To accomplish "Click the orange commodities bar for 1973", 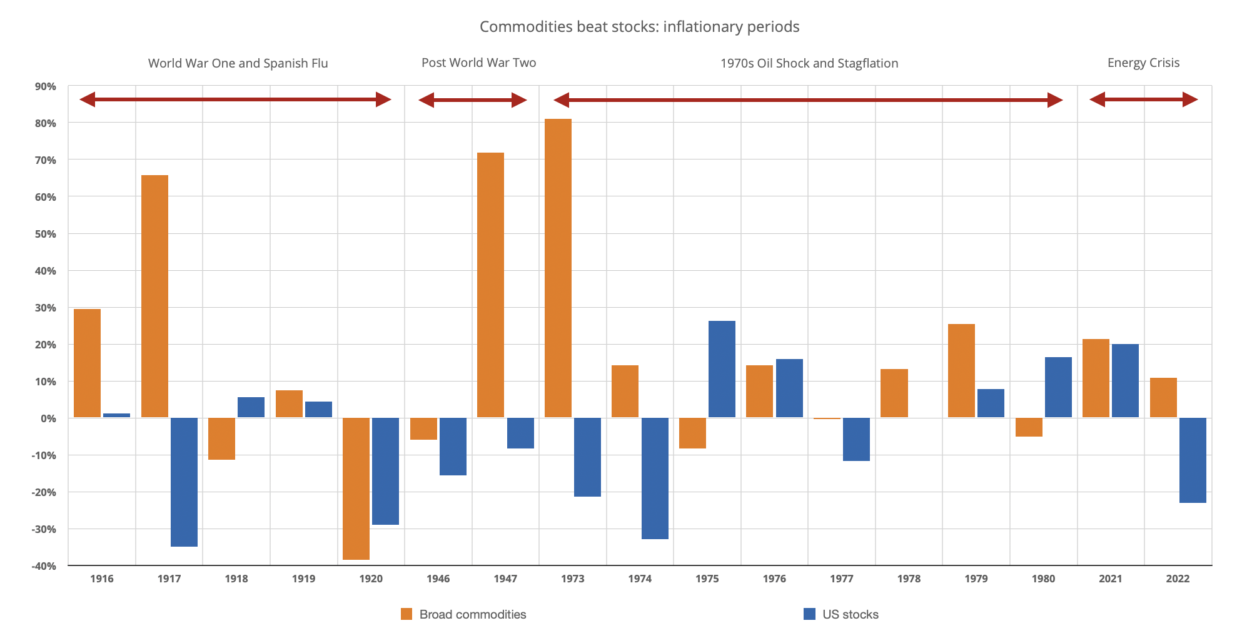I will (x=558, y=268).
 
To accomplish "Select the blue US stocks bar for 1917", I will (x=184, y=482).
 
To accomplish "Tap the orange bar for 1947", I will (x=490, y=285).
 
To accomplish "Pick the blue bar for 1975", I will (x=722, y=369).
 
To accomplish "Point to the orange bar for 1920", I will (x=356, y=489).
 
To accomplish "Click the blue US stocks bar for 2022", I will (x=1193, y=460).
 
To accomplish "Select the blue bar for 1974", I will (x=655, y=478).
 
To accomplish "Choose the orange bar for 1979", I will (x=961, y=371).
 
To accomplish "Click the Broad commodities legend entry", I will (x=463, y=614).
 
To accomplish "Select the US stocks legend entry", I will (x=841, y=614).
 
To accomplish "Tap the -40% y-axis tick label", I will (x=44, y=566).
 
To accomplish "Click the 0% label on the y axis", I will (x=48, y=418).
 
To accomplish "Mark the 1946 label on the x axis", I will (x=438, y=579).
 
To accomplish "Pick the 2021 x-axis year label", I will (x=1110, y=579).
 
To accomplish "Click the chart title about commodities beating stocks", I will (x=639, y=27).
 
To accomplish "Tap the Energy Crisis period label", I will (x=1143, y=63).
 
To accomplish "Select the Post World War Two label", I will (x=478, y=63).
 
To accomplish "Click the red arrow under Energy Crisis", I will (x=1143, y=99).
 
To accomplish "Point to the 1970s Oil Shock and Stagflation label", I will (x=809, y=63).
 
